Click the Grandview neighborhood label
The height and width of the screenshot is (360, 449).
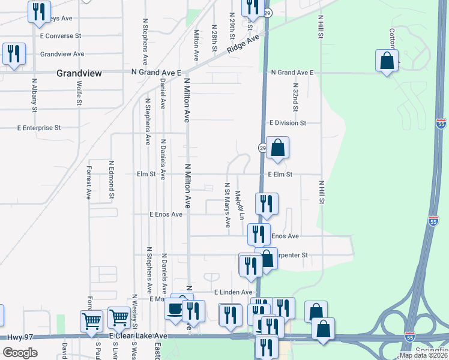[x=79, y=73]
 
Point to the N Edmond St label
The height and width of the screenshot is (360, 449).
[x=111, y=179]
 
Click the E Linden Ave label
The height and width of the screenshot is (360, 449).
[x=234, y=292]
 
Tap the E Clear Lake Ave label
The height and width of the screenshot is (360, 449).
[x=138, y=336]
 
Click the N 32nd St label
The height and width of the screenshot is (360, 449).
[x=295, y=97]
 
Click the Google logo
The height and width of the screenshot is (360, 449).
[x=20, y=352]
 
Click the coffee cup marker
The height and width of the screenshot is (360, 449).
[x=175, y=310]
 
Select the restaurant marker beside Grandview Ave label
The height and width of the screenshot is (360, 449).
[x=13, y=54]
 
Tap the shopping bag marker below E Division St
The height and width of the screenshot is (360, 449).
[x=278, y=148]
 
